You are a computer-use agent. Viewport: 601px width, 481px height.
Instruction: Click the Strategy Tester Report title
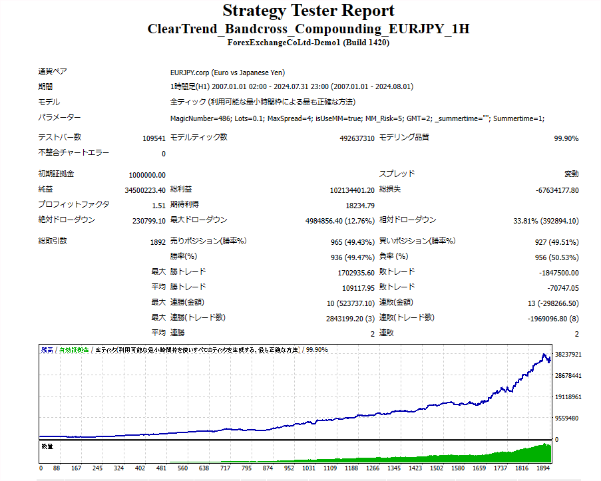[x=308, y=11]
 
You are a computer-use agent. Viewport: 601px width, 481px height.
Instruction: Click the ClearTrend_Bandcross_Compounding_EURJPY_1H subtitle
[x=308, y=29]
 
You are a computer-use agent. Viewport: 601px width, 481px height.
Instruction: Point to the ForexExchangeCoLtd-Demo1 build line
[x=308, y=43]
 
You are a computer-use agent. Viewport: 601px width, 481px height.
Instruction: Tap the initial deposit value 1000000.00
[x=147, y=174]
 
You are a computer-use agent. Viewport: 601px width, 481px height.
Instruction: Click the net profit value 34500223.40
[x=144, y=190]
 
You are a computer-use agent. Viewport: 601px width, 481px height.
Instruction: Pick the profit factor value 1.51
[x=159, y=206]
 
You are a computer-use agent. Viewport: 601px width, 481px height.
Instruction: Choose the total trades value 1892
[x=158, y=241]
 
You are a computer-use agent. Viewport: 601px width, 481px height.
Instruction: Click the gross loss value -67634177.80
[x=557, y=190]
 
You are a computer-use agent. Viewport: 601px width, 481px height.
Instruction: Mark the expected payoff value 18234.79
[x=360, y=206]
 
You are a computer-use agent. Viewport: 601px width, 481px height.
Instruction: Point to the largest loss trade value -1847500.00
[x=558, y=273]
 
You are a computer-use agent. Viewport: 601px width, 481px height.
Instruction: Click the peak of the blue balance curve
[x=544, y=354]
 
